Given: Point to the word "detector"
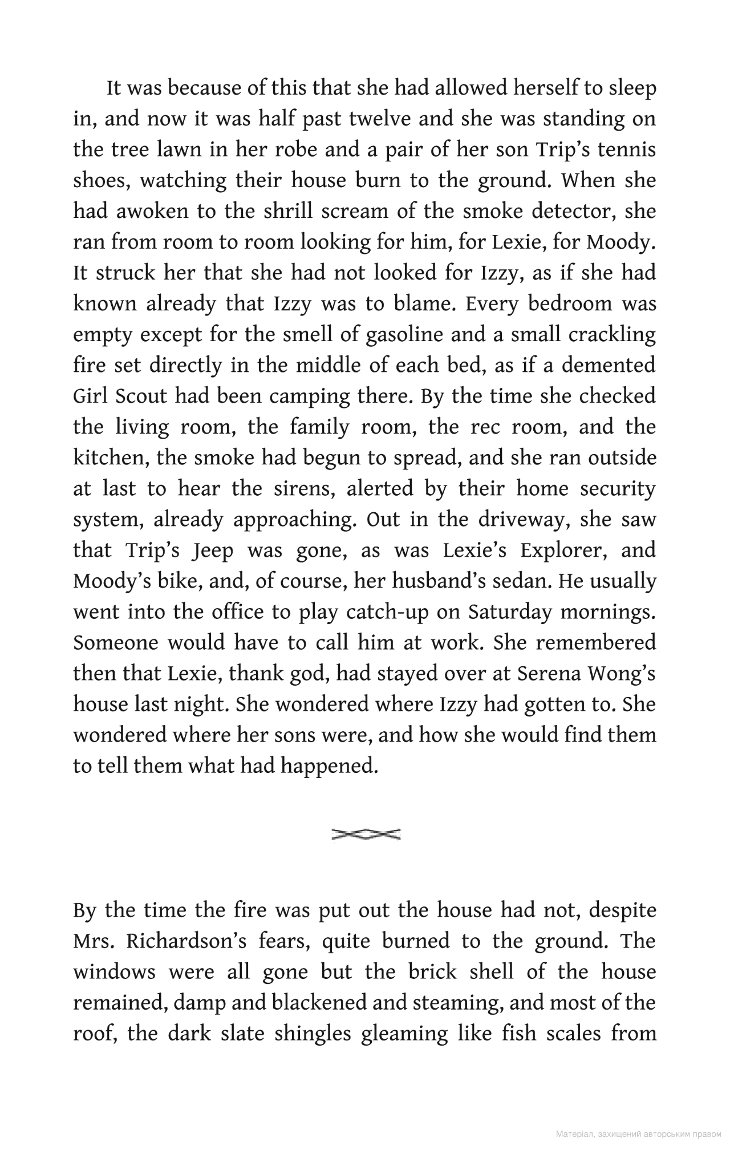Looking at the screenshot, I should (573, 212).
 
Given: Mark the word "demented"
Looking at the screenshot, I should (609, 366).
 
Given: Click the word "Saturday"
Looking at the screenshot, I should (510, 612).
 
